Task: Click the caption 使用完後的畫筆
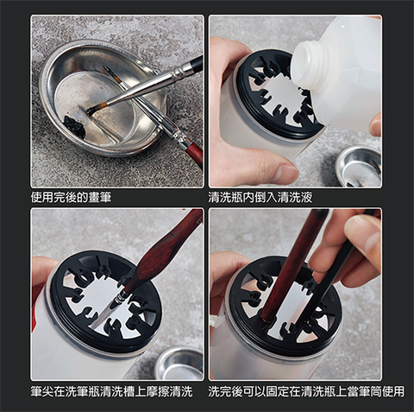(71, 198)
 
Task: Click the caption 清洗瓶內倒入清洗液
(260, 198)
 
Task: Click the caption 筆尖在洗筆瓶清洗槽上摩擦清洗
(111, 391)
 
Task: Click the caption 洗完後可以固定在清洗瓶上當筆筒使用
(306, 391)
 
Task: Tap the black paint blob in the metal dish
(74, 126)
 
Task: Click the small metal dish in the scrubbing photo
(179, 364)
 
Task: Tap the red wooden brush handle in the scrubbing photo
(166, 250)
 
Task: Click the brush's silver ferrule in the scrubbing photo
(119, 301)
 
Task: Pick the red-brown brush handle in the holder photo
(292, 265)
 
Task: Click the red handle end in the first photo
(196, 152)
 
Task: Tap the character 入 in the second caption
(272, 198)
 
